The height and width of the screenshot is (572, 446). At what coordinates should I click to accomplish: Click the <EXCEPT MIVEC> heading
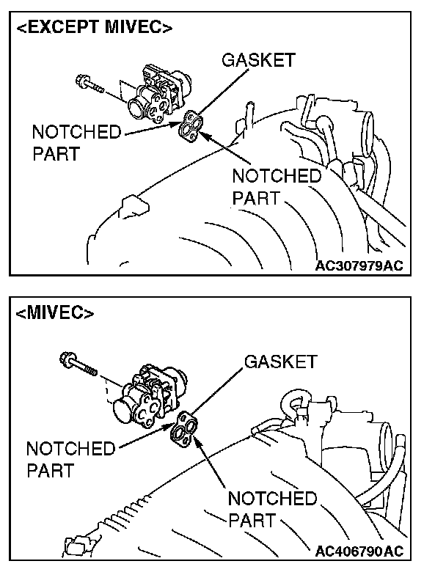(95, 29)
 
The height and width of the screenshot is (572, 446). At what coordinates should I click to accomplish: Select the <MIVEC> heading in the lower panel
(55, 313)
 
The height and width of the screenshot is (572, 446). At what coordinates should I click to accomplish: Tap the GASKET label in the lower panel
(280, 362)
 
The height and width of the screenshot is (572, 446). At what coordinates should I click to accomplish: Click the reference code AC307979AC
(359, 265)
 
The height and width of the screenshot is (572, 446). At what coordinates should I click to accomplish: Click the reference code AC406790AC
(359, 551)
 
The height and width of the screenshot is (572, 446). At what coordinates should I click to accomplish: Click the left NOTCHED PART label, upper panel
(76, 144)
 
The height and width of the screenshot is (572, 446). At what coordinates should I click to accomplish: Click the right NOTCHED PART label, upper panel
(276, 187)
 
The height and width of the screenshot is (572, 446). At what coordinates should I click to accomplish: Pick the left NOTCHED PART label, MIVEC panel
(70, 459)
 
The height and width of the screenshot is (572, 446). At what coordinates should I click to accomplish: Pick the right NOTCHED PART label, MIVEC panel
(272, 510)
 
